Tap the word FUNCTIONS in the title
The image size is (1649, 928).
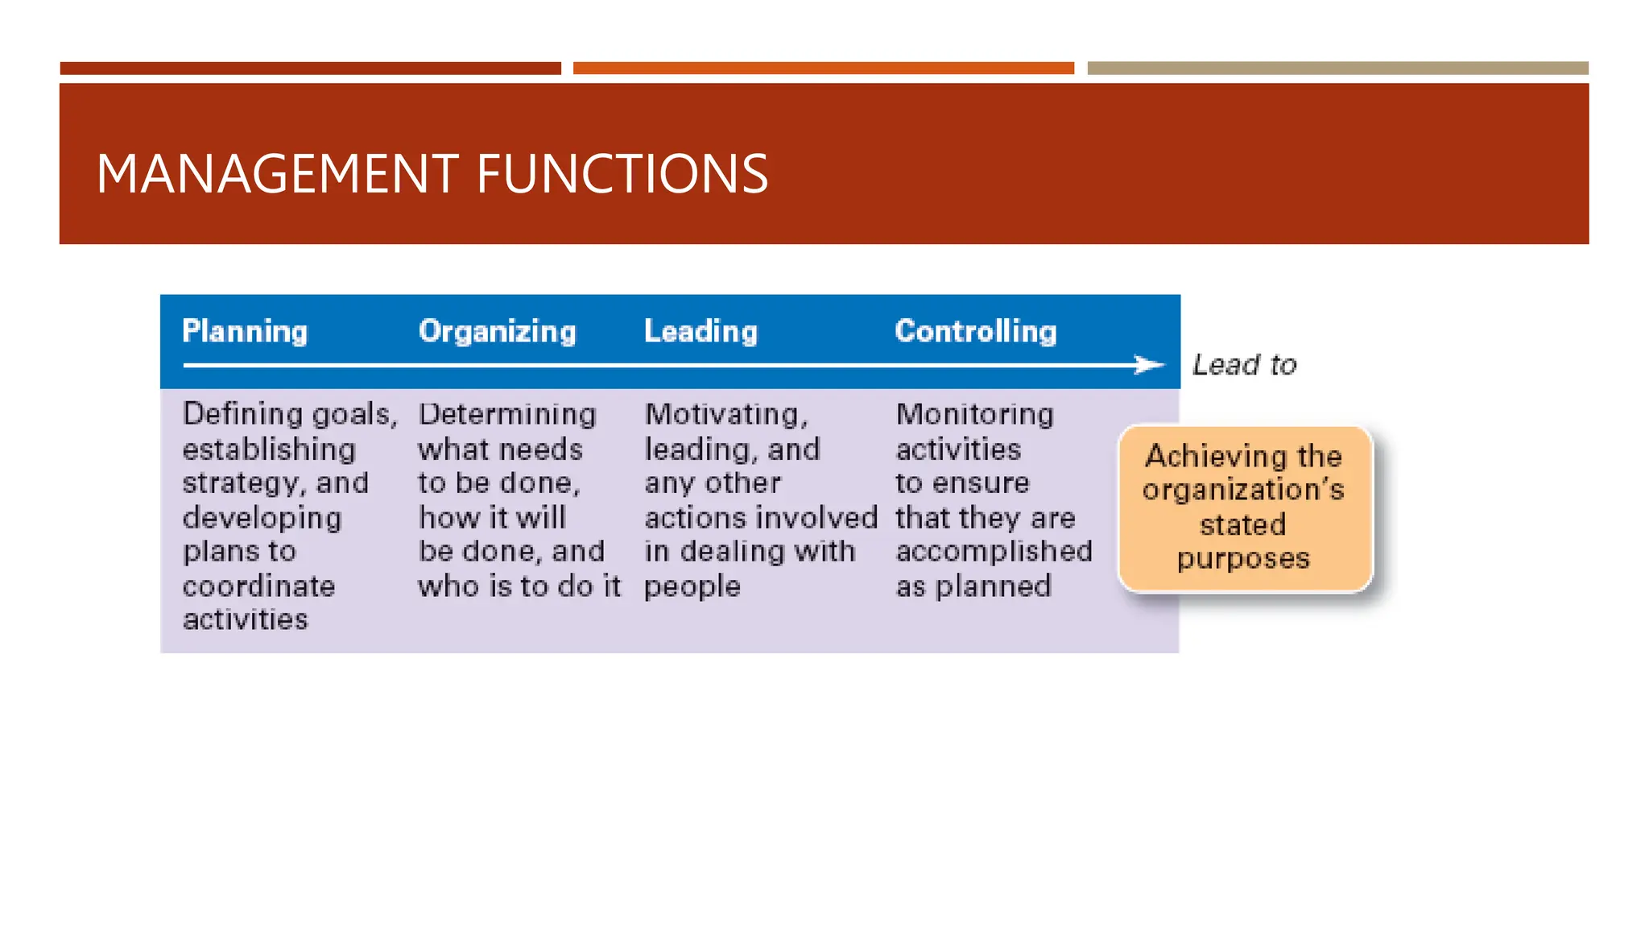point(622,174)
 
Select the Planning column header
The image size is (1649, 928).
point(245,332)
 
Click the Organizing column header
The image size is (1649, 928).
point(498,332)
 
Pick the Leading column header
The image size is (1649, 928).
point(701,332)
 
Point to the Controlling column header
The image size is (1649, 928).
point(976,332)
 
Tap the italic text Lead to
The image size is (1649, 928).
point(1244,365)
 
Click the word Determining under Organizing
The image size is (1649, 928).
point(507,414)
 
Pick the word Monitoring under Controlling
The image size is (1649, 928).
point(974,414)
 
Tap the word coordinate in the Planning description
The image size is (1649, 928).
point(258,586)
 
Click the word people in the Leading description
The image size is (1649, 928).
point(692,586)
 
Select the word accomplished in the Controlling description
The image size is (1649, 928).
point(994,551)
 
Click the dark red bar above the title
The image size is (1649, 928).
point(310,68)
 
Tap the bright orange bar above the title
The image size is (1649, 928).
point(823,68)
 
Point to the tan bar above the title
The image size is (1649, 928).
point(1337,68)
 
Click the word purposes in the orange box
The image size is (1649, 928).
point(1243,558)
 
